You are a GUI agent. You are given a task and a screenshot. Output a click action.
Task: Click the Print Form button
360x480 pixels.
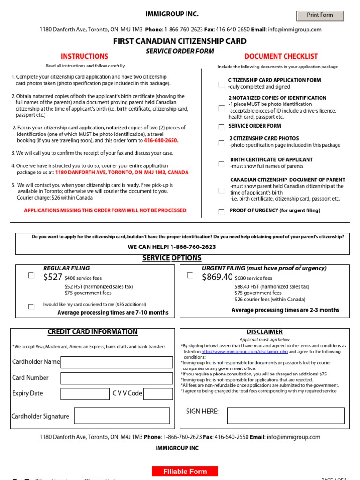320,15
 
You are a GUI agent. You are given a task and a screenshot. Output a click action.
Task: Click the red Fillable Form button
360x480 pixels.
185,472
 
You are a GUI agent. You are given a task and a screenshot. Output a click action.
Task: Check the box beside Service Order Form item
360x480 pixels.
222,127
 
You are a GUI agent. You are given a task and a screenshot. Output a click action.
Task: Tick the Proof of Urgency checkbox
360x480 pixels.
222,212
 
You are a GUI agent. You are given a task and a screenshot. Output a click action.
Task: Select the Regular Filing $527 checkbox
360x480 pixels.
31,276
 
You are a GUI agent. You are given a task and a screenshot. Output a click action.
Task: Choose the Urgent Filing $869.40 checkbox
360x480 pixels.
190,276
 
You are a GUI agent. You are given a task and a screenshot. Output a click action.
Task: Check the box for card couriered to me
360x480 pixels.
31,307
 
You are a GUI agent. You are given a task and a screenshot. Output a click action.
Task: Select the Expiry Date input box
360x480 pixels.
85,394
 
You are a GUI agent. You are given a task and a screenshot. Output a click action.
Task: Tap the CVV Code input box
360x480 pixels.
158,394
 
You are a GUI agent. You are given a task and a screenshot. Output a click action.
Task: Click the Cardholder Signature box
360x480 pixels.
122,416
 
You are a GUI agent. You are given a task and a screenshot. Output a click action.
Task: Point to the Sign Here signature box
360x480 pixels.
285,416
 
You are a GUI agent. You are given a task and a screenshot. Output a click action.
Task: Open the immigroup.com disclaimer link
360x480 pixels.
245,352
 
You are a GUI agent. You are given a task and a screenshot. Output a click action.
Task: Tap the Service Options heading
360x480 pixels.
172,258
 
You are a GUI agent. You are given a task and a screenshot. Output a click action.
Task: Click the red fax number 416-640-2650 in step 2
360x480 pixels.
161,140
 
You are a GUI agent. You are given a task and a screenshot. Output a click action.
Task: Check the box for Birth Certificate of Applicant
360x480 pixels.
222,164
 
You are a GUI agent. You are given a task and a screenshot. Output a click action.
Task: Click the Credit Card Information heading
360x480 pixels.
92,332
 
